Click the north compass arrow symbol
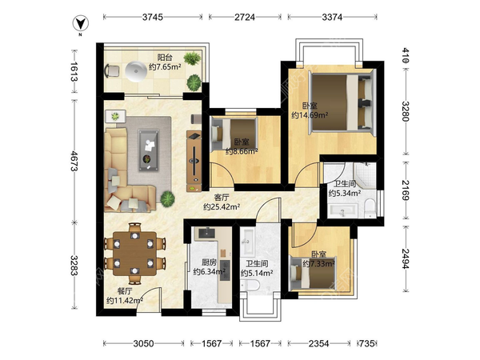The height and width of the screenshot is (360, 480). point(81,23)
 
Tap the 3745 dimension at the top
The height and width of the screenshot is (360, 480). point(153,17)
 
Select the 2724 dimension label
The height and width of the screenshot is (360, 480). point(245,17)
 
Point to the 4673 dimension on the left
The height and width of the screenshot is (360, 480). point(74,161)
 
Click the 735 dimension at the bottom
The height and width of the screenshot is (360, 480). point(366,344)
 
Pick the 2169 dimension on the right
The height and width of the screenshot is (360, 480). point(406,190)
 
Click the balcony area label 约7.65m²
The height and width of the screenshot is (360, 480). point(165,66)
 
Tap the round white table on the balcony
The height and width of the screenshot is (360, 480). point(135,71)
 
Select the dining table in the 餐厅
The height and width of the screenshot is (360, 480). point(134,254)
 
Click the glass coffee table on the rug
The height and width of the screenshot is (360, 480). point(149,150)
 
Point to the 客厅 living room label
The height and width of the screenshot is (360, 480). point(222,197)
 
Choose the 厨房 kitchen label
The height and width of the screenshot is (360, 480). point(209,262)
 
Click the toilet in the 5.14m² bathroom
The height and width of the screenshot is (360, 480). point(252,286)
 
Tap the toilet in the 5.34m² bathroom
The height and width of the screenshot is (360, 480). point(370,206)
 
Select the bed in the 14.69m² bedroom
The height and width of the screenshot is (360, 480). point(342,103)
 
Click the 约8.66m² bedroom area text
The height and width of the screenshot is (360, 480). point(242,151)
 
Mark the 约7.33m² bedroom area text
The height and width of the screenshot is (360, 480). point(318,263)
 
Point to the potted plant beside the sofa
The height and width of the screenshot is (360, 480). point(167,198)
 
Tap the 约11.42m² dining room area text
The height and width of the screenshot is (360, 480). point(125,301)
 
